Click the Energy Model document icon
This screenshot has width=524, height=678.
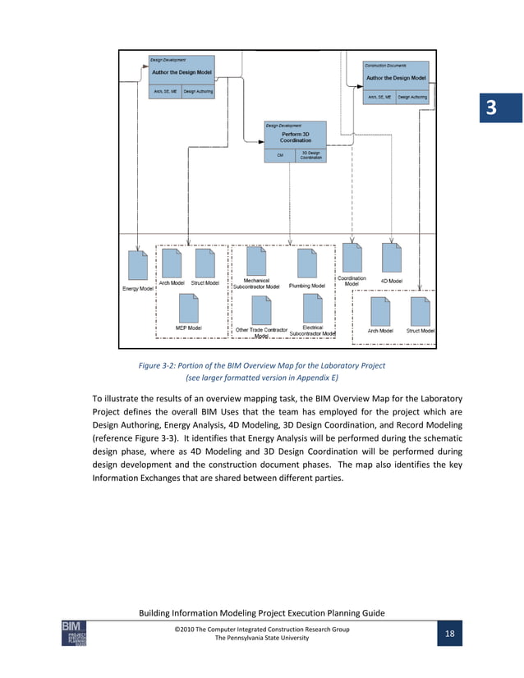(137, 267)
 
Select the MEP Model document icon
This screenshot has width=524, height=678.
(189, 308)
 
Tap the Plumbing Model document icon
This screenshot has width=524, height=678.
(306, 263)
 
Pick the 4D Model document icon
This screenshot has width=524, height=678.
(391, 258)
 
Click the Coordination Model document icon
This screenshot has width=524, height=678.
(352, 258)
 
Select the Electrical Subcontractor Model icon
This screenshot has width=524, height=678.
(311, 309)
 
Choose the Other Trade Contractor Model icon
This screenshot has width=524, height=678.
(261, 310)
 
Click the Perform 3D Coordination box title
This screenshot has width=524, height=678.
(295, 136)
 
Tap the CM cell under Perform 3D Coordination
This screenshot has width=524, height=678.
(279, 154)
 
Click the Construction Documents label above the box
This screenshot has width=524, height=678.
(385, 65)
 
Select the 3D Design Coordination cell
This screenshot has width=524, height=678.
(310, 154)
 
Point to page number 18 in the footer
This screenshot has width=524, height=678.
(450, 634)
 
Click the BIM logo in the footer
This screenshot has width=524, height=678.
(73, 633)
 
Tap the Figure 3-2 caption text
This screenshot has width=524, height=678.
(261, 365)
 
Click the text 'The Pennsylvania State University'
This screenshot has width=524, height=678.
(261, 639)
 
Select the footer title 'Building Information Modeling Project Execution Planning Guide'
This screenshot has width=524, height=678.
(261, 614)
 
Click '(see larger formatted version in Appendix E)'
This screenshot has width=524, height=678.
(261, 378)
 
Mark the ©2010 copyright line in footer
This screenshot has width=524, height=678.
(261, 629)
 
